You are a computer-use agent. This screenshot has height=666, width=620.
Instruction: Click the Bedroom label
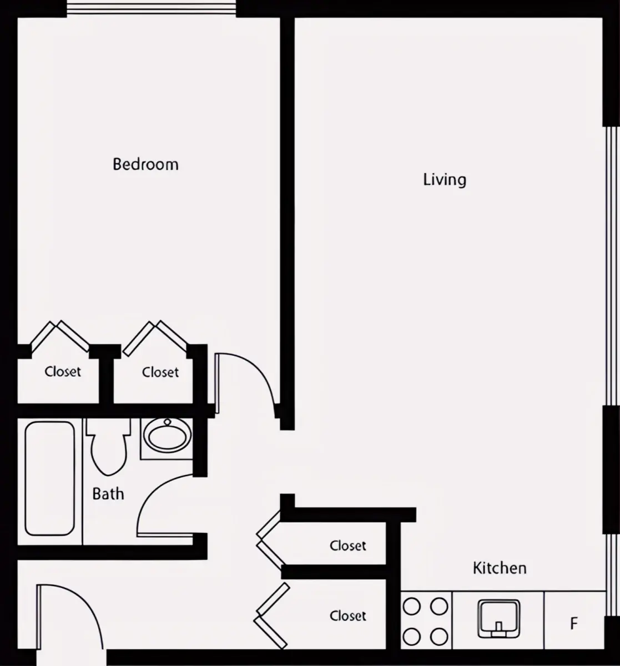click(x=145, y=164)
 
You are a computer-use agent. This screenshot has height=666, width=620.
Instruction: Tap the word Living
click(x=445, y=180)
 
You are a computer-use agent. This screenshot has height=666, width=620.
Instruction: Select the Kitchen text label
click(x=500, y=568)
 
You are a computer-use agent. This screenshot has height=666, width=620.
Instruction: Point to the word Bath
click(x=108, y=494)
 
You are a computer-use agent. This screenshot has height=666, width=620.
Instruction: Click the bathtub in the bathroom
click(x=50, y=478)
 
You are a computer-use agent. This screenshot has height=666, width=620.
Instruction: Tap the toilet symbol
click(x=108, y=447)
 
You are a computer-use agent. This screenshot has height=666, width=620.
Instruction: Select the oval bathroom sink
click(x=167, y=436)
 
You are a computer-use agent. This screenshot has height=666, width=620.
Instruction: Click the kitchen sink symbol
click(x=498, y=619)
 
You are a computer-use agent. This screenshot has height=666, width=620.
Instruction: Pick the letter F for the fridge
click(x=574, y=623)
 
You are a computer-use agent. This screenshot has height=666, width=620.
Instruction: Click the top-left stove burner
click(x=412, y=606)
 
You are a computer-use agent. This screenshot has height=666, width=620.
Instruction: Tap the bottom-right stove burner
click(x=439, y=637)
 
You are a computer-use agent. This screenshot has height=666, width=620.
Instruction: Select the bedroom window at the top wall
click(x=152, y=8)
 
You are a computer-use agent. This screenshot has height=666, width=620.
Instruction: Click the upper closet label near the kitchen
click(x=348, y=546)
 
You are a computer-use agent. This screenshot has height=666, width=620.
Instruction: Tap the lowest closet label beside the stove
click(x=348, y=616)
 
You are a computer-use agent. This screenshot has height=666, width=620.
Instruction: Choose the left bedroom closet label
click(x=63, y=371)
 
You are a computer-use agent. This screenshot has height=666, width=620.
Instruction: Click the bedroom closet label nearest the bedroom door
click(x=160, y=372)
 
